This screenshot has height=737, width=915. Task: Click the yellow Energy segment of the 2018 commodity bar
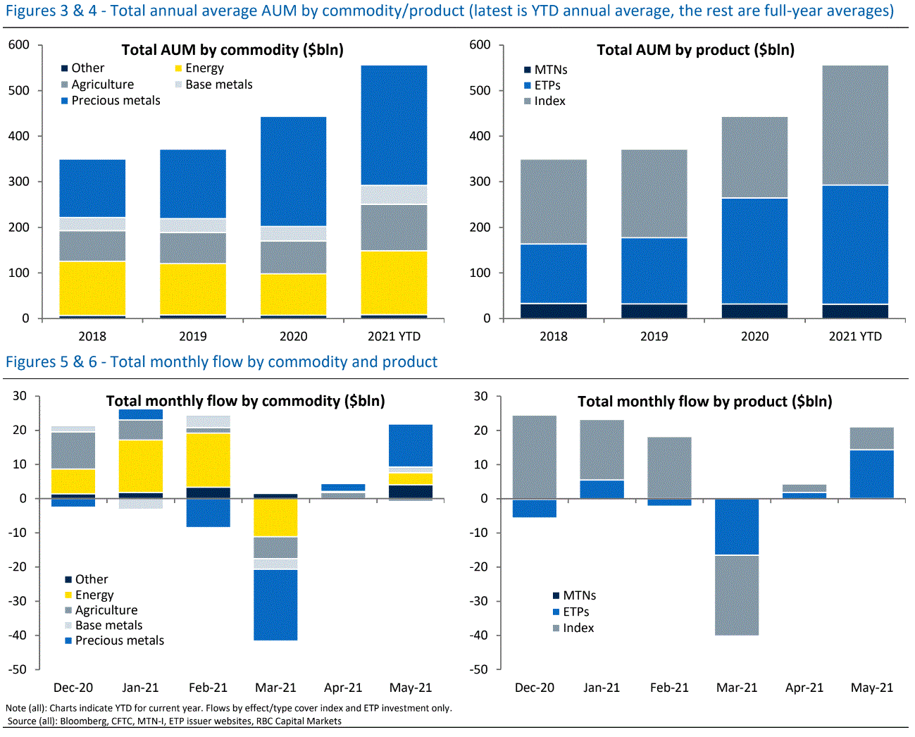tap(92, 287)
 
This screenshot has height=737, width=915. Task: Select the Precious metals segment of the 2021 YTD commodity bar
tap(394, 125)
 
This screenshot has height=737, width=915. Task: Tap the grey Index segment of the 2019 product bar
tap(654, 193)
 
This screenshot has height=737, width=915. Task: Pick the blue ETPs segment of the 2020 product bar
tap(754, 251)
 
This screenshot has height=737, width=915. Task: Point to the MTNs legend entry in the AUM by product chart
tap(550, 70)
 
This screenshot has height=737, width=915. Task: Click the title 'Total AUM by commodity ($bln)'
tap(232, 50)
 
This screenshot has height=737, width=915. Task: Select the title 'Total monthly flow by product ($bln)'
tap(704, 402)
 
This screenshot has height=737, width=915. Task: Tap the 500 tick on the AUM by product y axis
tap(480, 90)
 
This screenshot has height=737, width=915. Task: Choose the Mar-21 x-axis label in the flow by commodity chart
tap(275, 688)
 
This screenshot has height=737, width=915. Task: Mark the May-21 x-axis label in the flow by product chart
tap(871, 688)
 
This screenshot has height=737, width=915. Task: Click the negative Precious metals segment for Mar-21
tap(275, 605)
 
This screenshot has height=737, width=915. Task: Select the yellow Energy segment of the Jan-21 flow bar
tap(141, 465)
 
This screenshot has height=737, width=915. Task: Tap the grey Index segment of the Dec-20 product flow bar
tap(534, 457)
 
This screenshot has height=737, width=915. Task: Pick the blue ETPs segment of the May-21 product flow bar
tap(871, 473)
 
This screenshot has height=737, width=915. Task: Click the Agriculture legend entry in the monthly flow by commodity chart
tap(106, 610)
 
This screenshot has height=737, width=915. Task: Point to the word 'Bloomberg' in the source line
tap(84, 721)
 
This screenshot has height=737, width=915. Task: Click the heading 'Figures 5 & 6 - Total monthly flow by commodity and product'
tap(221, 362)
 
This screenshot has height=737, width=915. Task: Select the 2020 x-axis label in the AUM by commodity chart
tap(293, 336)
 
